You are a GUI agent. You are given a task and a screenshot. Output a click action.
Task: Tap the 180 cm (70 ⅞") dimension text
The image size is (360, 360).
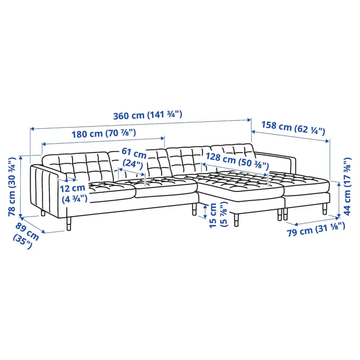point(103,134)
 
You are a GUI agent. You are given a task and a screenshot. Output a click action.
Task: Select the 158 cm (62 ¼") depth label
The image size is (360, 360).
point(293,127)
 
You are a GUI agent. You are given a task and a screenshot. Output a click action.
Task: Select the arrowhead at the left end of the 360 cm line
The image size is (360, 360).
point(31,128)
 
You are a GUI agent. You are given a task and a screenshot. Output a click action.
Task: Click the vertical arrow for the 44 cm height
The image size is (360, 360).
point(338,200)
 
